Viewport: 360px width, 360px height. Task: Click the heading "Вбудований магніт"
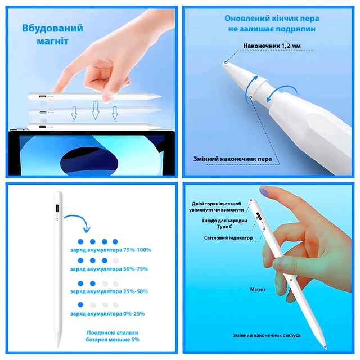(x=52, y=35)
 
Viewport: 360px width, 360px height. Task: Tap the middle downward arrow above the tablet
(x=95, y=111)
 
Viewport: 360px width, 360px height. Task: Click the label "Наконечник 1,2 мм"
(x=272, y=46)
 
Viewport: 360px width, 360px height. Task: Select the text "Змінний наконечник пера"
(x=232, y=159)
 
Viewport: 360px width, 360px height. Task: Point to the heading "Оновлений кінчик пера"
(x=272, y=19)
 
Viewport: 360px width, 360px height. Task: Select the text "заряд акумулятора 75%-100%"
(x=111, y=250)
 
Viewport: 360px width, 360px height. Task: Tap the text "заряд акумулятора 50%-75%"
(x=109, y=269)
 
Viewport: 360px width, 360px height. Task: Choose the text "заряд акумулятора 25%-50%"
(x=109, y=291)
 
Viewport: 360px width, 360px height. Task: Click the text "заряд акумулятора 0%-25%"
(x=107, y=314)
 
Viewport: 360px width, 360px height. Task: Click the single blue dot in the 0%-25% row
(x=80, y=304)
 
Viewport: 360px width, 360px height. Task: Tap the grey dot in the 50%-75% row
(x=115, y=260)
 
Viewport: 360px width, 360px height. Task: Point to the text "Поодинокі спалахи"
(x=112, y=332)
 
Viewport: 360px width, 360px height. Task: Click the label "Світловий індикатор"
(x=228, y=238)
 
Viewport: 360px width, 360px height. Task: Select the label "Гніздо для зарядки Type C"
(x=224, y=223)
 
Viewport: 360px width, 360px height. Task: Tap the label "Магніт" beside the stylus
(x=258, y=290)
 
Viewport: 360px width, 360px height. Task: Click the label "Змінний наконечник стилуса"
(x=267, y=335)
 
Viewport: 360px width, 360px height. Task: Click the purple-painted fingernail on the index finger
(x=264, y=191)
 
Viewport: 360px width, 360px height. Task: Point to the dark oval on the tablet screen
(x=89, y=161)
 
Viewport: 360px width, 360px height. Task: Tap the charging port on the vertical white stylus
(x=57, y=209)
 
